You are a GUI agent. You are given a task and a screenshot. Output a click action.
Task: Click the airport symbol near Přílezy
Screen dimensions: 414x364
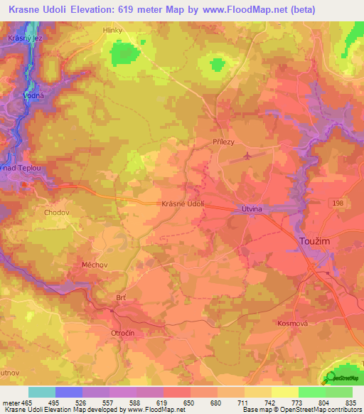point(247,155)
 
